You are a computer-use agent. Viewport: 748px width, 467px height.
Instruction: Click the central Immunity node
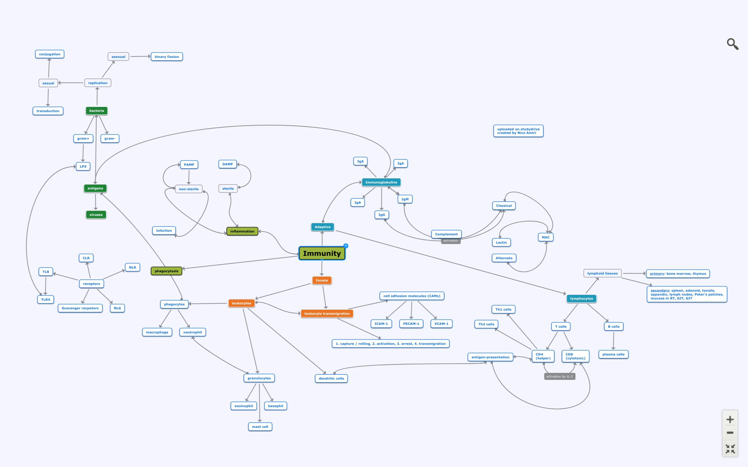pos(322,253)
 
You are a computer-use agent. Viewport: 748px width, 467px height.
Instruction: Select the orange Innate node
pos(322,280)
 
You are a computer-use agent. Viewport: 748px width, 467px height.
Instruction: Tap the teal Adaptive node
pos(322,227)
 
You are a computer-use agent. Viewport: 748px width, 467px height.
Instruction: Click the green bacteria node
pos(96,111)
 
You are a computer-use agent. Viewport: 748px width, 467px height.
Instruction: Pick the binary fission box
pos(166,57)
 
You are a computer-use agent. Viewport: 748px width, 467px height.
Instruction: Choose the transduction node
pos(48,111)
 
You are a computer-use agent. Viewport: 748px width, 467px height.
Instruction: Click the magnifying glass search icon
pos(732,44)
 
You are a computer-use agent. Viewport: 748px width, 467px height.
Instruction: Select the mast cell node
pos(260,427)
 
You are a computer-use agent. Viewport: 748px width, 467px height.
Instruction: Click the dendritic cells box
pos(331,378)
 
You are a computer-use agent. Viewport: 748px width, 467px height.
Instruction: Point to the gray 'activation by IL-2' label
pos(559,376)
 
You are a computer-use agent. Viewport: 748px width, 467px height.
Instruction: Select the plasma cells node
pos(613,354)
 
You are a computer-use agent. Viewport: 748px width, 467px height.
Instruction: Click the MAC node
pos(545,237)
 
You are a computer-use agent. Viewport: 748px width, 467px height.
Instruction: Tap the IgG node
pos(382,215)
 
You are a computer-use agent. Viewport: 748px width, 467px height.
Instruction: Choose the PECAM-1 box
pos(411,324)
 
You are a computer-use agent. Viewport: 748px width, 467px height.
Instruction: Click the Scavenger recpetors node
pos(80,308)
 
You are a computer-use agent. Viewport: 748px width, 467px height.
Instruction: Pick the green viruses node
pos(96,215)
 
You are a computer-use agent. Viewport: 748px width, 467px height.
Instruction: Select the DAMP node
pos(228,164)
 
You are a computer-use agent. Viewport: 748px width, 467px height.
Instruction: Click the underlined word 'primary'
pos(657,274)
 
